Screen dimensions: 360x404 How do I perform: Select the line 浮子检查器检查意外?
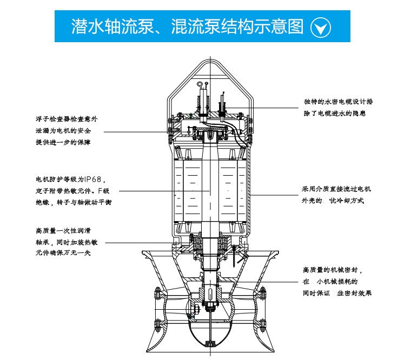coord(67,118)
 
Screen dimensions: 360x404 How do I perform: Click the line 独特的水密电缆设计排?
coord(338,102)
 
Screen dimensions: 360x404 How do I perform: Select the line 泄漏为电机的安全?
coord(63,130)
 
